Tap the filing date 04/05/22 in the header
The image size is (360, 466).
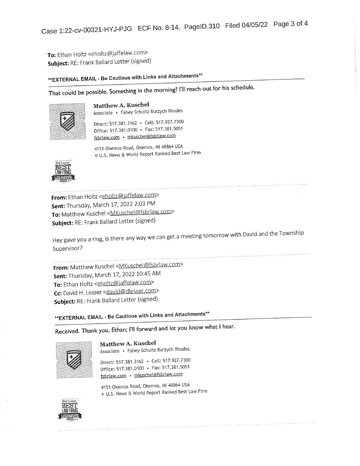[x=254, y=25]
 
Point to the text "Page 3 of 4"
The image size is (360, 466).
[x=290, y=24]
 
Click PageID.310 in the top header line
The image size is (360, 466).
[x=202, y=26]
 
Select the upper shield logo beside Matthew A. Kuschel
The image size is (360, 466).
[x=67, y=121]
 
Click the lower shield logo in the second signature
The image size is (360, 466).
[x=74, y=360]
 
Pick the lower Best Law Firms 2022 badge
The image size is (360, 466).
[x=70, y=410]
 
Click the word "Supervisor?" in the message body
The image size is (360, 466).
[x=68, y=248]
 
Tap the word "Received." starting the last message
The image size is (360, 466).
[x=67, y=331]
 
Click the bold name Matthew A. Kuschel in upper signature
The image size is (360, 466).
[x=121, y=105]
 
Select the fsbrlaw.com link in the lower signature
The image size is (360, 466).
[x=113, y=376]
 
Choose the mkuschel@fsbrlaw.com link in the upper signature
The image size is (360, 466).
[x=151, y=136]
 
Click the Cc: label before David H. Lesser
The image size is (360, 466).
[x=58, y=293]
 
